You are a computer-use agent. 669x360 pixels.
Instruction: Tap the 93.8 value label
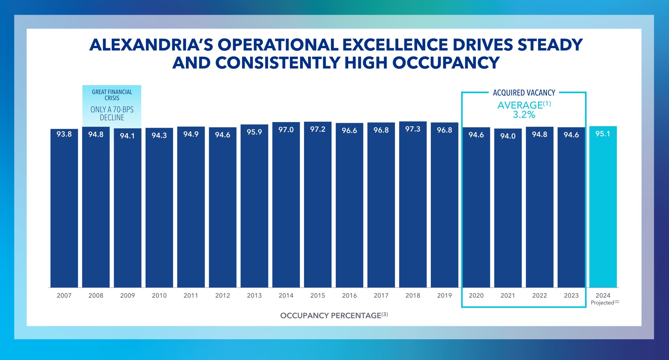click(x=64, y=134)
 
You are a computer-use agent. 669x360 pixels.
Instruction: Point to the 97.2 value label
click(x=317, y=129)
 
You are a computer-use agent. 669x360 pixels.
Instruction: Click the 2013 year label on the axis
click(x=254, y=295)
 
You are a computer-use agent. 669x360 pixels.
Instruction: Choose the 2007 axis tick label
click(x=64, y=295)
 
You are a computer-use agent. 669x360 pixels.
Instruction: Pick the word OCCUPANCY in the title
click(x=446, y=63)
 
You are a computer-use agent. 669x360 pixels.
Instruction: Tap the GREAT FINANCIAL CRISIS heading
click(x=112, y=95)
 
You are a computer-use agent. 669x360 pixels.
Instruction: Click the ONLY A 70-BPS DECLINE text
click(x=112, y=114)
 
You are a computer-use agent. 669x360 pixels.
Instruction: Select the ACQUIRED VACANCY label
click(x=524, y=93)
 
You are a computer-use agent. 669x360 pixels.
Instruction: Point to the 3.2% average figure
click(x=524, y=115)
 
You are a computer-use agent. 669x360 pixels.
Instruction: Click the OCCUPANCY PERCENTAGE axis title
click(x=331, y=316)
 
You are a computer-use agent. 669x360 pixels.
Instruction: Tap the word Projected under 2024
click(x=602, y=303)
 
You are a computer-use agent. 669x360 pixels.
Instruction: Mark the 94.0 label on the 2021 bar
click(x=508, y=136)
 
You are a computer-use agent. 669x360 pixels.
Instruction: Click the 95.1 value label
click(x=603, y=134)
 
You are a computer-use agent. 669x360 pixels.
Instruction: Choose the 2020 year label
click(x=476, y=295)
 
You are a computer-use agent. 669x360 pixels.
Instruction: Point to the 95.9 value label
click(x=254, y=132)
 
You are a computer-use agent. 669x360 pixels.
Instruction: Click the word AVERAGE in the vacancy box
click(x=520, y=105)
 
